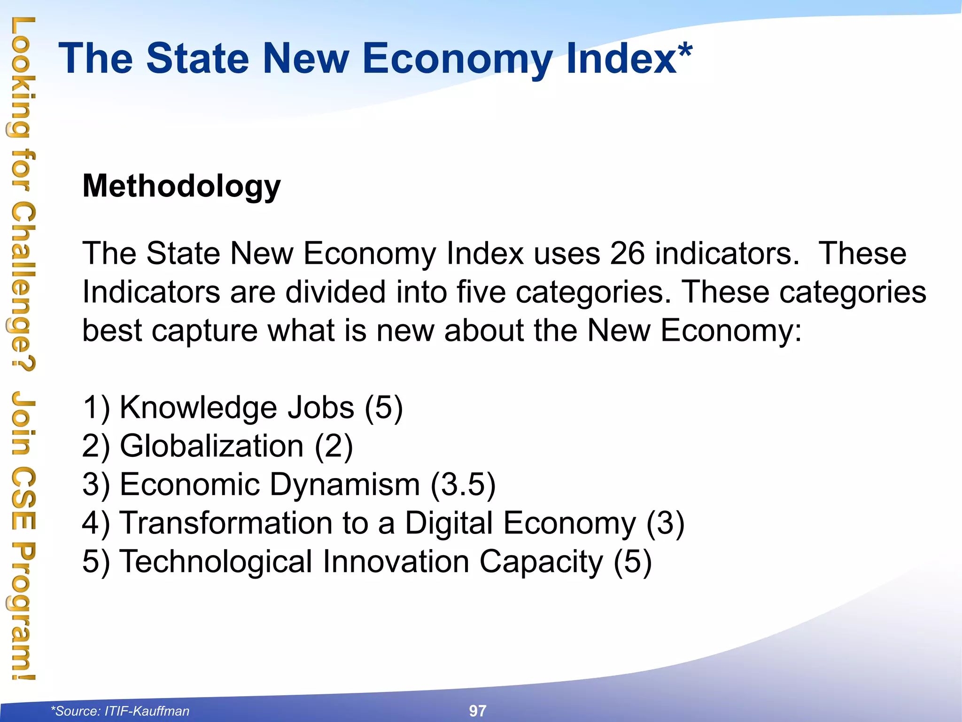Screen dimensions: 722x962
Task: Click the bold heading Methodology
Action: [x=181, y=186]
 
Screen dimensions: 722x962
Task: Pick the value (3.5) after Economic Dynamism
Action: [x=463, y=484]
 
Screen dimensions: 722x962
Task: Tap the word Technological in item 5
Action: [x=216, y=561]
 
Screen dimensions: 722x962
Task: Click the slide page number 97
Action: [x=478, y=711]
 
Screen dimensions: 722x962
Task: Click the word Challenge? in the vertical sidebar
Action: [x=23, y=287]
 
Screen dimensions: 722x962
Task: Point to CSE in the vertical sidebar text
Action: [x=23, y=498]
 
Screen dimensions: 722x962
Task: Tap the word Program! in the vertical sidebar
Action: [x=23, y=611]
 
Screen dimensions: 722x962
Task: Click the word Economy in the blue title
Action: [x=458, y=59]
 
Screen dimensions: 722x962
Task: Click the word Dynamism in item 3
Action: [x=345, y=484]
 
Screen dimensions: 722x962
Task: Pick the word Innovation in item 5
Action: [x=396, y=561]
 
